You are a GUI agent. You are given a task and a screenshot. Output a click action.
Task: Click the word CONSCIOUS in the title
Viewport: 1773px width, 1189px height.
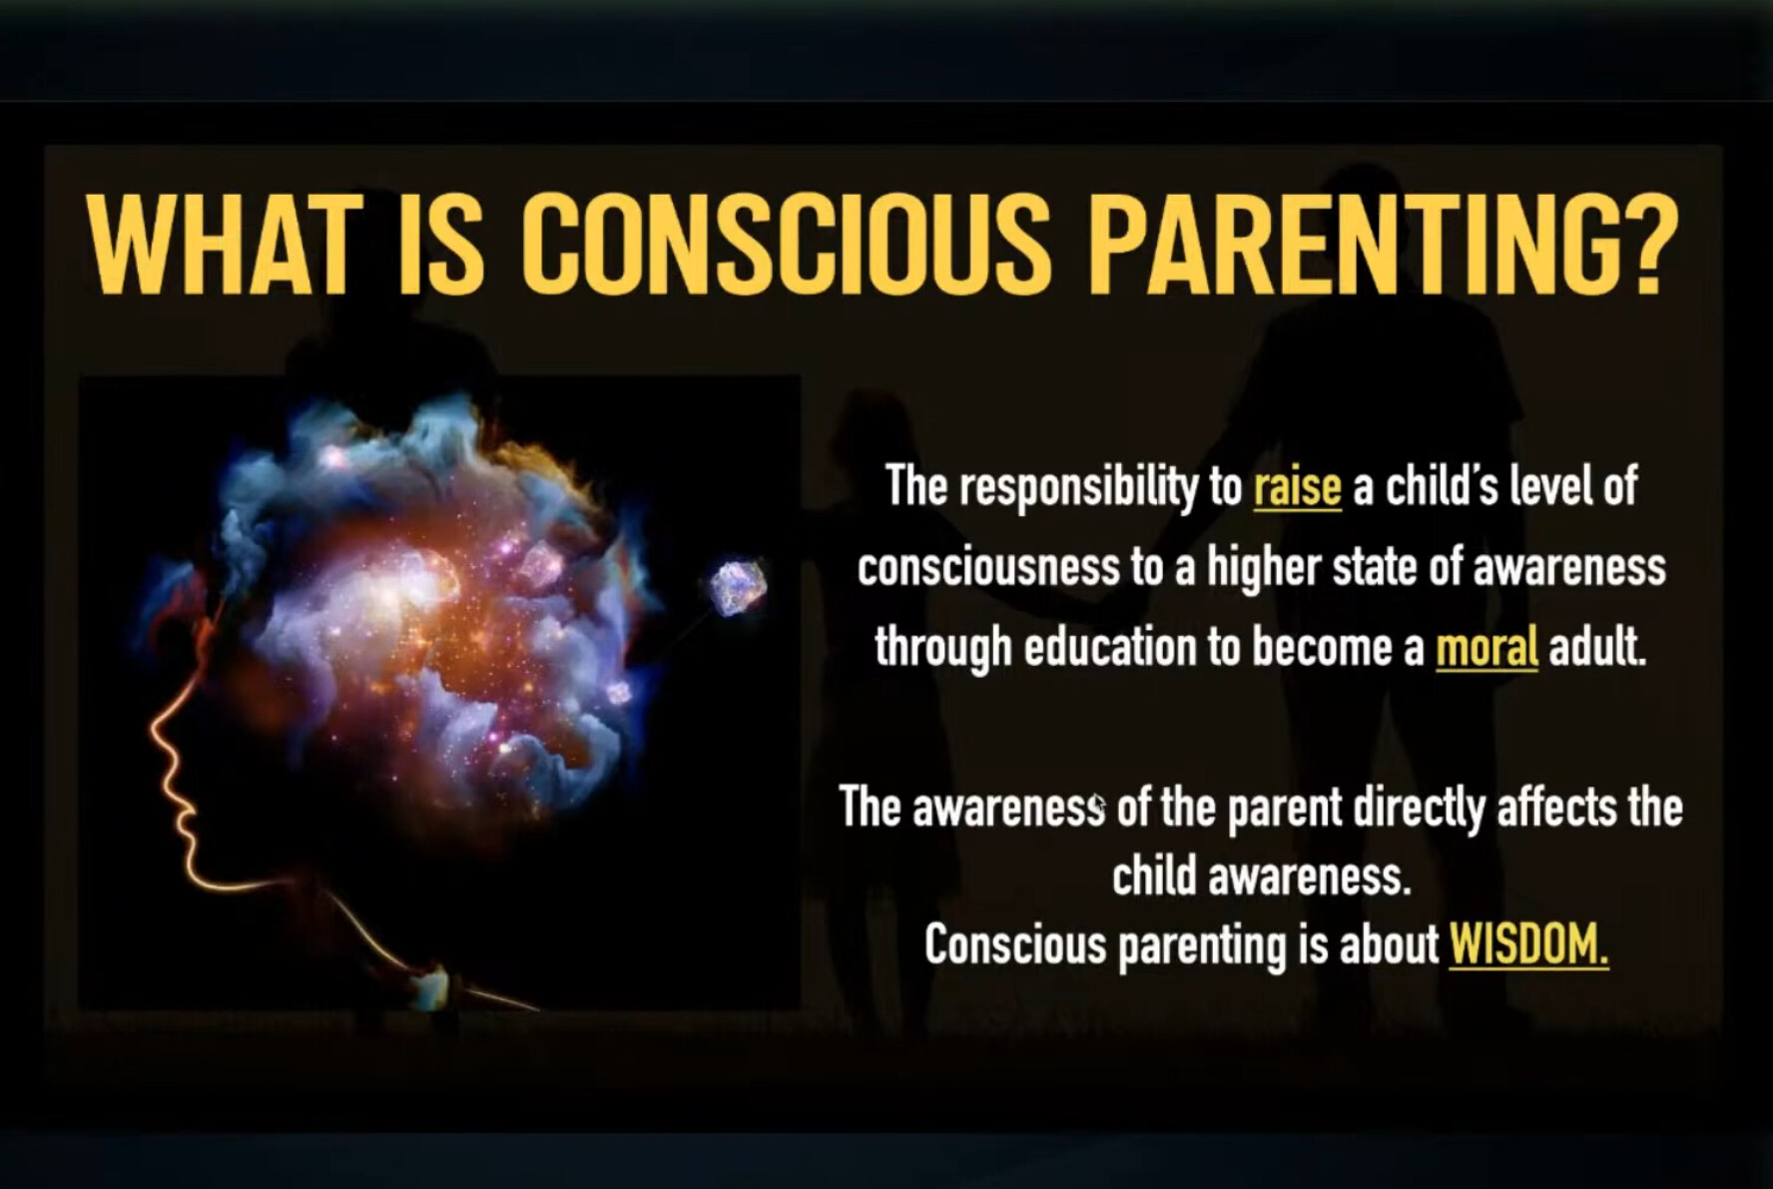coord(787,244)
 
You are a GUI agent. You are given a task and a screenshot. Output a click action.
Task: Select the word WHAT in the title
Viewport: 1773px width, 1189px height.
coord(221,244)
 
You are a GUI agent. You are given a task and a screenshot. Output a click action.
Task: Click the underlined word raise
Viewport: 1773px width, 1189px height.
coord(1297,487)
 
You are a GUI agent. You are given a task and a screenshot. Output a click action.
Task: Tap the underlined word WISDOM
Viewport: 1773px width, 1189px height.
coord(1528,943)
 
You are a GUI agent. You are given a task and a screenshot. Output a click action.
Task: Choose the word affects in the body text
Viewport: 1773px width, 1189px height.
coord(1557,807)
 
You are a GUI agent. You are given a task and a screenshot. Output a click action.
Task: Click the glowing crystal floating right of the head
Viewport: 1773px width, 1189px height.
coord(738,587)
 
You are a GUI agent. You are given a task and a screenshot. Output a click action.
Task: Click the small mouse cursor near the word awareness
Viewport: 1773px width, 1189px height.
coord(1098,805)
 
